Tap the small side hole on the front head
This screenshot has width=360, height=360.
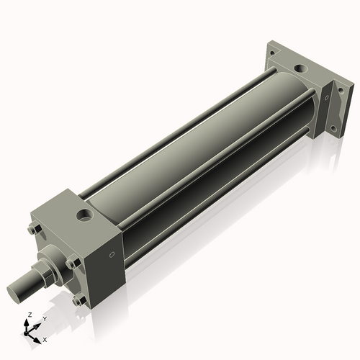coord(112,254)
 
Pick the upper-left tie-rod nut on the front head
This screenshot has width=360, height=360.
coord(33,230)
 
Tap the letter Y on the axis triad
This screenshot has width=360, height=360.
coord(44,318)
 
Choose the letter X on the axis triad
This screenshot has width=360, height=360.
coord(45,338)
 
